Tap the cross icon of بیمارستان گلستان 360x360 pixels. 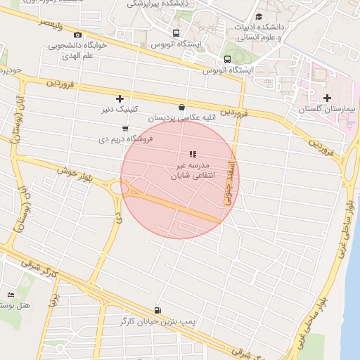point(327,98)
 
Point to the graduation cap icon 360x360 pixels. point(259,16)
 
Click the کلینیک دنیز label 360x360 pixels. point(120,110)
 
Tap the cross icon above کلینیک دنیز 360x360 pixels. point(120,98)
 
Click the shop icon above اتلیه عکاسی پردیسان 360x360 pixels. point(182,108)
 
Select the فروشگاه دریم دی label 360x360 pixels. point(126,139)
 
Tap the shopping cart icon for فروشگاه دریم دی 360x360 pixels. point(125,129)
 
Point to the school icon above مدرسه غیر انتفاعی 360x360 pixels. point(193,154)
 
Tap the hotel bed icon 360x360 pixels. point(10,295)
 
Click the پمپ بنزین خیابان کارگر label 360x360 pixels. point(156,321)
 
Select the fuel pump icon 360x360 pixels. point(156,310)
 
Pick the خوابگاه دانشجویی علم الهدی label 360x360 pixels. point(77,49)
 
